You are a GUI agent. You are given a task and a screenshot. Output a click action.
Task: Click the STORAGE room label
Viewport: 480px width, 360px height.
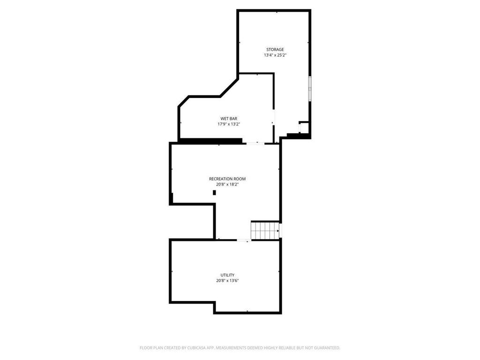275,50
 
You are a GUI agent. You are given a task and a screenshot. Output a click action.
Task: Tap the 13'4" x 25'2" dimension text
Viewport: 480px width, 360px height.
275,55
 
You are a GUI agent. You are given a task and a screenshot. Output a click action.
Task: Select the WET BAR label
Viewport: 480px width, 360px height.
229,119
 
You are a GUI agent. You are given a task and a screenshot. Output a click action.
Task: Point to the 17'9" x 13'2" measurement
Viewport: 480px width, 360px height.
229,124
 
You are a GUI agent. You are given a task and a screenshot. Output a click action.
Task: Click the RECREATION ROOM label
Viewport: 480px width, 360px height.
227,179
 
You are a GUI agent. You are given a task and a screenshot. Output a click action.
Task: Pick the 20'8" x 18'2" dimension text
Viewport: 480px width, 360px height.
227,185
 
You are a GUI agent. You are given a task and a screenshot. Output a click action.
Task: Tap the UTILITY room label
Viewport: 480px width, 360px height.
227,275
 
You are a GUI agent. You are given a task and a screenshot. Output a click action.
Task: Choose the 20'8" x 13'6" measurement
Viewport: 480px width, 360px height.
227,281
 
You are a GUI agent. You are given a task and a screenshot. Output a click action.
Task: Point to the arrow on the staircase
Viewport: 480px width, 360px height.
278,231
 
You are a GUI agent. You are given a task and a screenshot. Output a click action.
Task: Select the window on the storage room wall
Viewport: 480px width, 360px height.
310,89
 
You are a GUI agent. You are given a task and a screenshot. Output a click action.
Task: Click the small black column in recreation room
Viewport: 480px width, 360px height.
214,193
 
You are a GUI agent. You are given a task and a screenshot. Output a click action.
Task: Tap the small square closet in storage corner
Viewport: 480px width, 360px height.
304,127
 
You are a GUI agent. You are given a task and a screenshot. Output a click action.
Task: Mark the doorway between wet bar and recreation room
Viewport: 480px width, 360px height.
255,143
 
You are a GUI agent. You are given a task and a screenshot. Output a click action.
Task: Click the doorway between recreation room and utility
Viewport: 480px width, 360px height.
244,240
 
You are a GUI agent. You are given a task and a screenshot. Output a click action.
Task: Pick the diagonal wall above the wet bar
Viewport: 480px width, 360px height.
229,88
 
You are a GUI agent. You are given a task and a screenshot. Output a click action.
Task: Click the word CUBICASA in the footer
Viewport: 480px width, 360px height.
197,348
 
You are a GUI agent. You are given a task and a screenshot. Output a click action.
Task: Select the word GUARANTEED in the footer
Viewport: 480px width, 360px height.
327,348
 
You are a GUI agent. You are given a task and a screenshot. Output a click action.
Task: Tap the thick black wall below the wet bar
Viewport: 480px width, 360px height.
210,141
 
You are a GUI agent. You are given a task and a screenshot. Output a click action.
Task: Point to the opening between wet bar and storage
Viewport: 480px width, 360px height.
274,117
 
